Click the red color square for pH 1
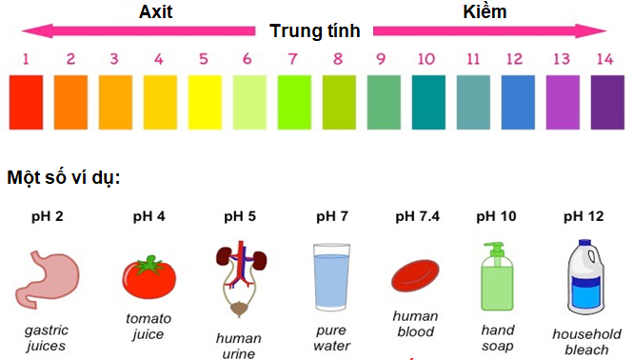(x=26, y=103)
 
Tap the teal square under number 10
(x=427, y=103)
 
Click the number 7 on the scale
(x=293, y=59)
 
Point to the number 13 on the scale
(x=561, y=59)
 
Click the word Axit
(x=158, y=12)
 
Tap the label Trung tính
(x=315, y=30)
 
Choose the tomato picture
(x=149, y=276)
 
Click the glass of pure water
(x=331, y=279)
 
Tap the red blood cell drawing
(x=415, y=273)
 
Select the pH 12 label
(x=584, y=216)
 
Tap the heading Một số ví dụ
(x=64, y=178)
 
